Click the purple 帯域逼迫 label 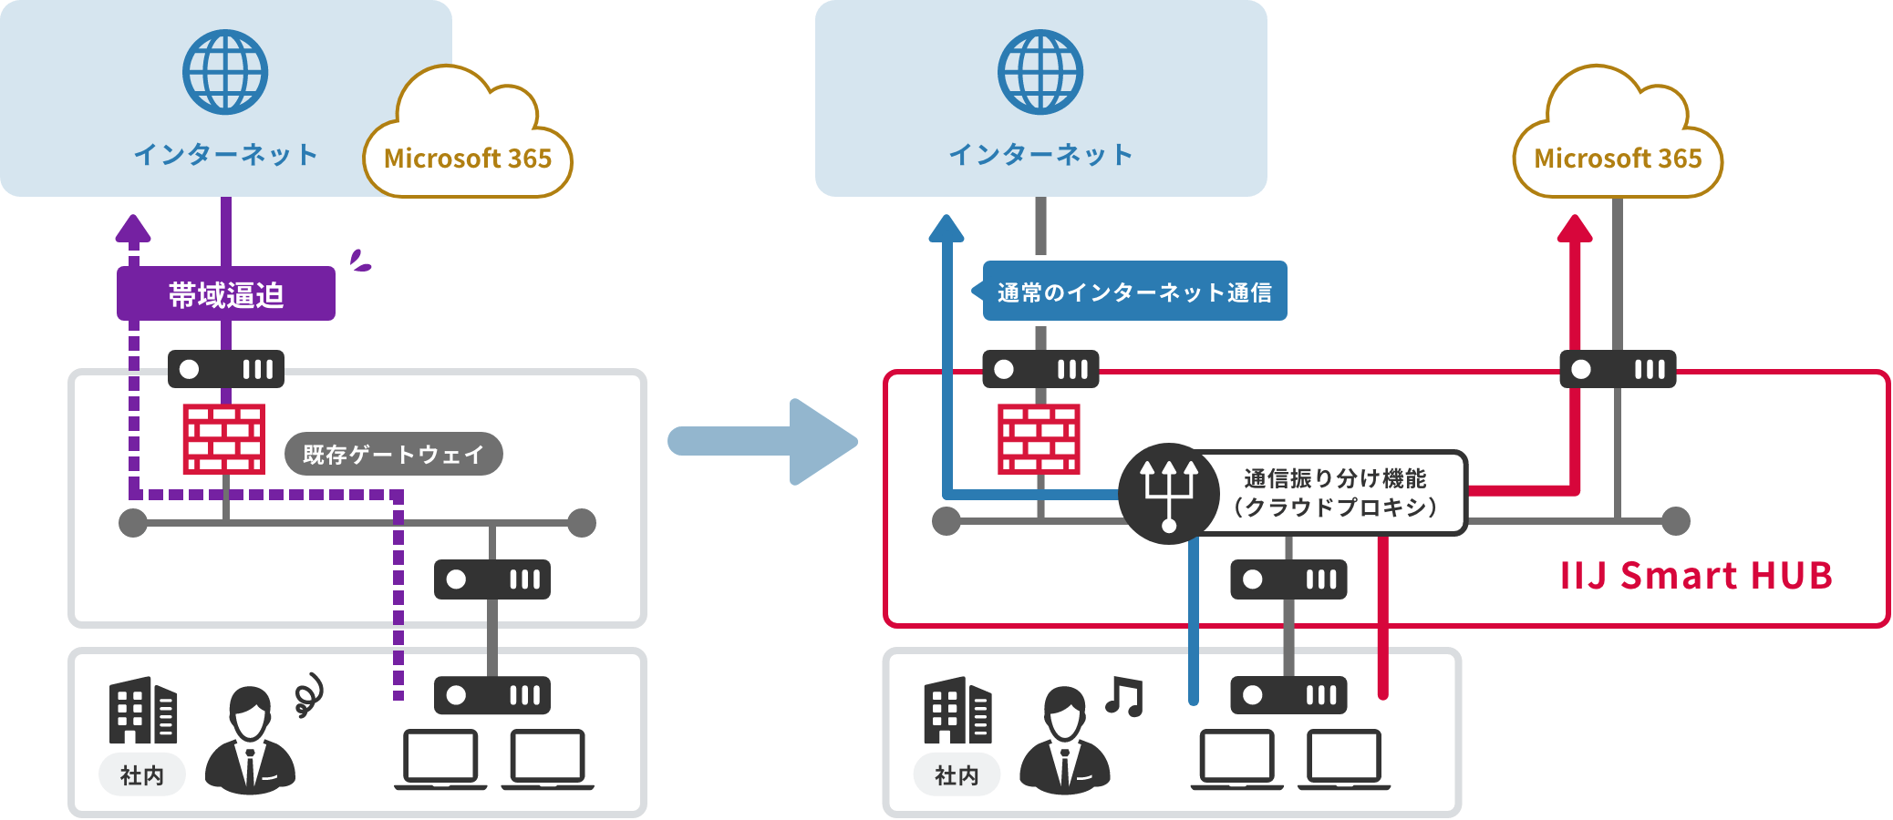pyautogui.click(x=225, y=293)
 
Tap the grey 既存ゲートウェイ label pyautogui.click(x=393, y=454)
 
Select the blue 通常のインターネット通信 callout pyautogui.click(x=1133, y=292)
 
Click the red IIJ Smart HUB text pyautogui.click(x=1696, y=576)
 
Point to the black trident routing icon pyautogui.click(x=1169, y=494)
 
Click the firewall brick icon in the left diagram pyautogui.click(x=224, y=439)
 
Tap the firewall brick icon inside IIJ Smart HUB pyautogui.click(x=1040, y=439)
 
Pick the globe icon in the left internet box pyautogui.click(x=225, y=72)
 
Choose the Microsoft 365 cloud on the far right pyautogui.click(x=1618, y=137)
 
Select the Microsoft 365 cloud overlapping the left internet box pyautogui.click(x=468, y=137)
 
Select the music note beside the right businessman pyautogui.click(x=1124, y=697)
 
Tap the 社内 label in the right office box pyautogui.click(x=957, y=775)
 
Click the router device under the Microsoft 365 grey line pyautogui.click(x=1618, y=369)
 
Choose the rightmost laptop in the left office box pyautogui.click(x=547, y=759)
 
